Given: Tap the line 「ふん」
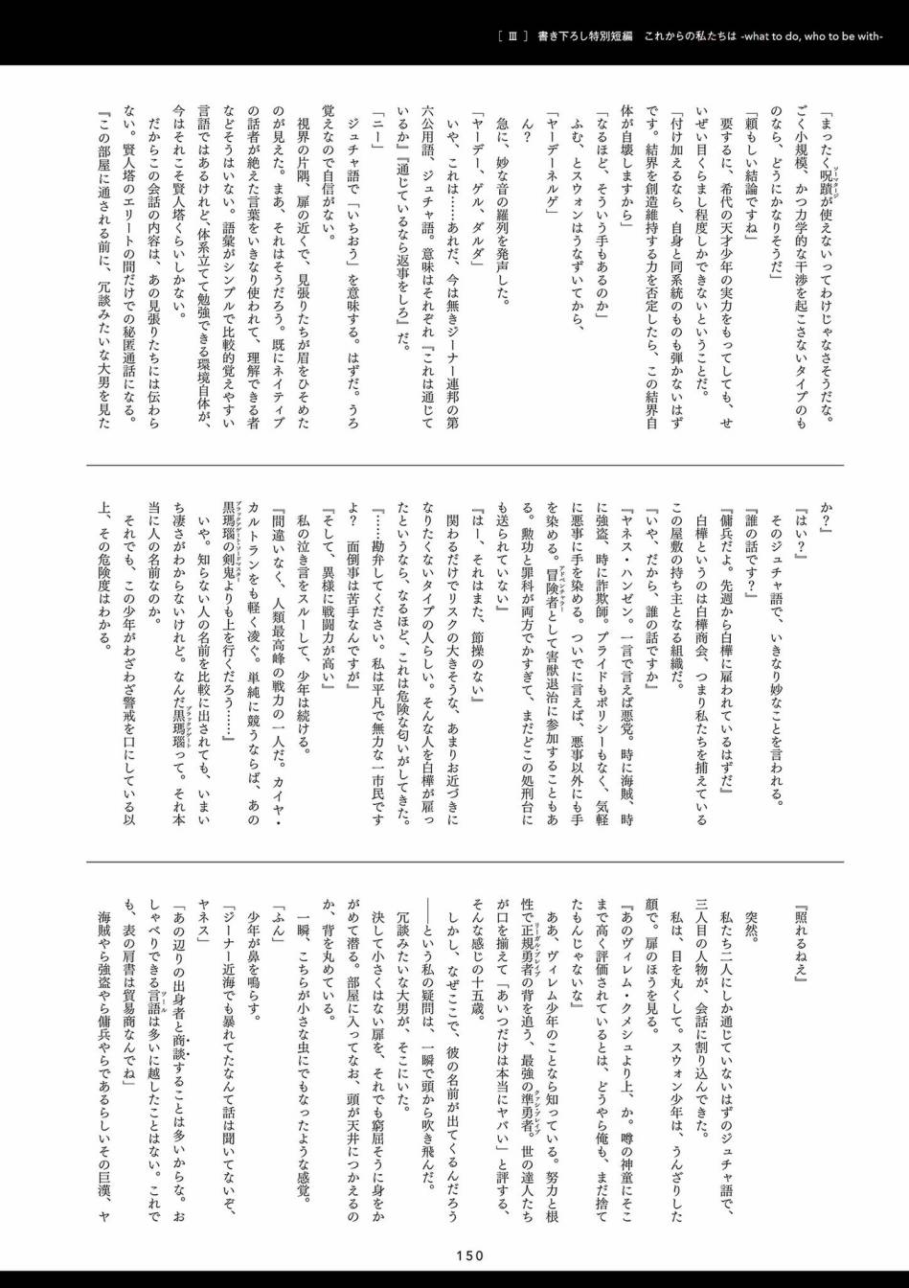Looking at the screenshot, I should pyautogui.click(x=277, y=920).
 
